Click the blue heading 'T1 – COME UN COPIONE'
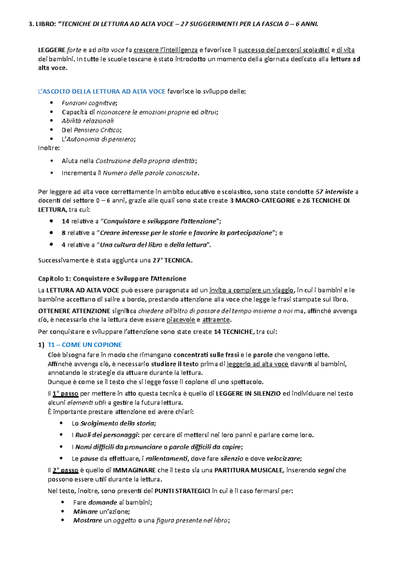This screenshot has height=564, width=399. pos(85,345)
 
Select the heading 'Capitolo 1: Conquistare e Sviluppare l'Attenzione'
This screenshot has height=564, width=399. pos(112,278)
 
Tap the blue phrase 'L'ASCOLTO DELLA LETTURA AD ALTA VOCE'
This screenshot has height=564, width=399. pos(102,91)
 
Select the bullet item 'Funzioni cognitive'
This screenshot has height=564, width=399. pos(89,103)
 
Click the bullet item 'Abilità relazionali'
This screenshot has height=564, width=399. pos(88,121)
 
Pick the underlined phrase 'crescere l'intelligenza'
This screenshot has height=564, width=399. pos(166,50)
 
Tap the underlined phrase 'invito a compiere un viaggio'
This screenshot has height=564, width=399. pos(252,290)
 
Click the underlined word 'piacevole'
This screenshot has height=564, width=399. pos(181,320)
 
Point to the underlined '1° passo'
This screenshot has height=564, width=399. pos(66,394)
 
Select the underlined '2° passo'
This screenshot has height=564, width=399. pos(66,470)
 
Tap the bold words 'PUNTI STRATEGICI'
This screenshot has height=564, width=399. pos(182,491)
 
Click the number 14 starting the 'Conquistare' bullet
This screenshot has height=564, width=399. pos(65,221)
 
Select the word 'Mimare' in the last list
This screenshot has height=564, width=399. pos(85,512)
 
